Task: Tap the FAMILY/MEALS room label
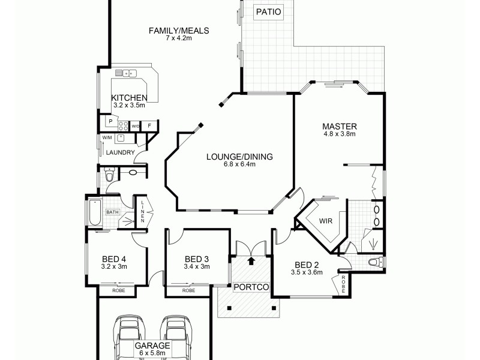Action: pos(179,31)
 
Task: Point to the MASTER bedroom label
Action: pos(340,127)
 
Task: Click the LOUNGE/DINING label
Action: pos(239,157)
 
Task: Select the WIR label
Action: pos(326,221)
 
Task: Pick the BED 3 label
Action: pos(196,259)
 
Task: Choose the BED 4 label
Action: pos(113,259)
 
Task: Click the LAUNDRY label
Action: pos(119,153)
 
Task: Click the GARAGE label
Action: pos(152,346)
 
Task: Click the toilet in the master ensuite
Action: pos(373,262)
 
